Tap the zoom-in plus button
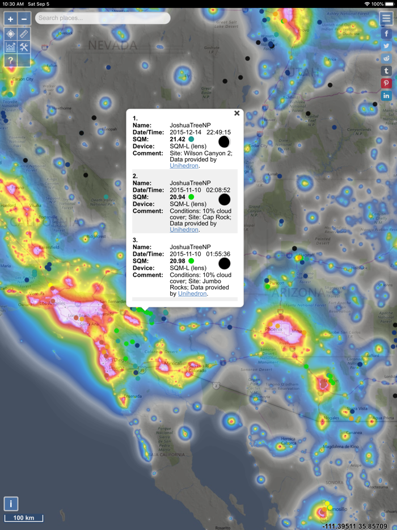(x=10, y=19)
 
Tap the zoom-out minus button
(x=24, y=19)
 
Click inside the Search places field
(x=102, y=18)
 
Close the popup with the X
(x=237, y=113)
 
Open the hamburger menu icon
(x=386, y=18)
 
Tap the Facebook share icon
(x=386, y=34)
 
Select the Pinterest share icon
(x=386, y=83)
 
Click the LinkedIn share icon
(x=386, y=96)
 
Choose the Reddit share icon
(x=386, y=58)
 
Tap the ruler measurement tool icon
(x=24, y=34)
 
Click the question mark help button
(x=10, y=60)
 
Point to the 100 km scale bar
(x=24, y=518)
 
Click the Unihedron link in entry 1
(x=184, y=166)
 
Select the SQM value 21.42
(x=178, y=139)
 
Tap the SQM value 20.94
(x=178, y=197)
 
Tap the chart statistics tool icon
(x=10, y=47)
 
